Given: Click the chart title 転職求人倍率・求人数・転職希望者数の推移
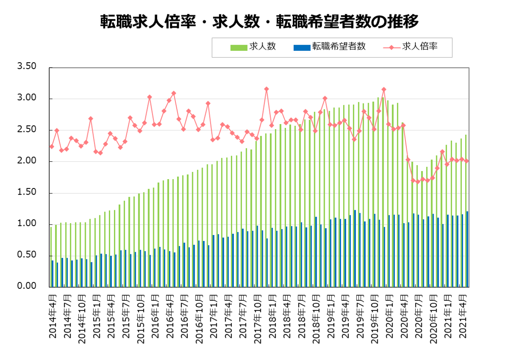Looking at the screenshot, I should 259,21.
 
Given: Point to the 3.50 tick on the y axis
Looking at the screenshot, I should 27,67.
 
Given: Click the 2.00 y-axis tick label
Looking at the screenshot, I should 27,161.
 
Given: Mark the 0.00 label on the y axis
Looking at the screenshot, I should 27,286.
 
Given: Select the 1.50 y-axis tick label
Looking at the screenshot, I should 27,193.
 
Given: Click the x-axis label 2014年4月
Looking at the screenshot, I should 52,316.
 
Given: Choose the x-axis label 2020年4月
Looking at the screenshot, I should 404,316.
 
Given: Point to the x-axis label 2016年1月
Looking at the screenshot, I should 155,316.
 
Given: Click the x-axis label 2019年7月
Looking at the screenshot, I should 360,316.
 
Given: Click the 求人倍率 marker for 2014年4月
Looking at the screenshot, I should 52,146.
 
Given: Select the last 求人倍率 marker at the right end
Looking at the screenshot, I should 467,161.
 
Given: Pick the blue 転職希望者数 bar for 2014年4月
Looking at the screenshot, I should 52,273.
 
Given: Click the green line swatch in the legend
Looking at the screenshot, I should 239,47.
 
